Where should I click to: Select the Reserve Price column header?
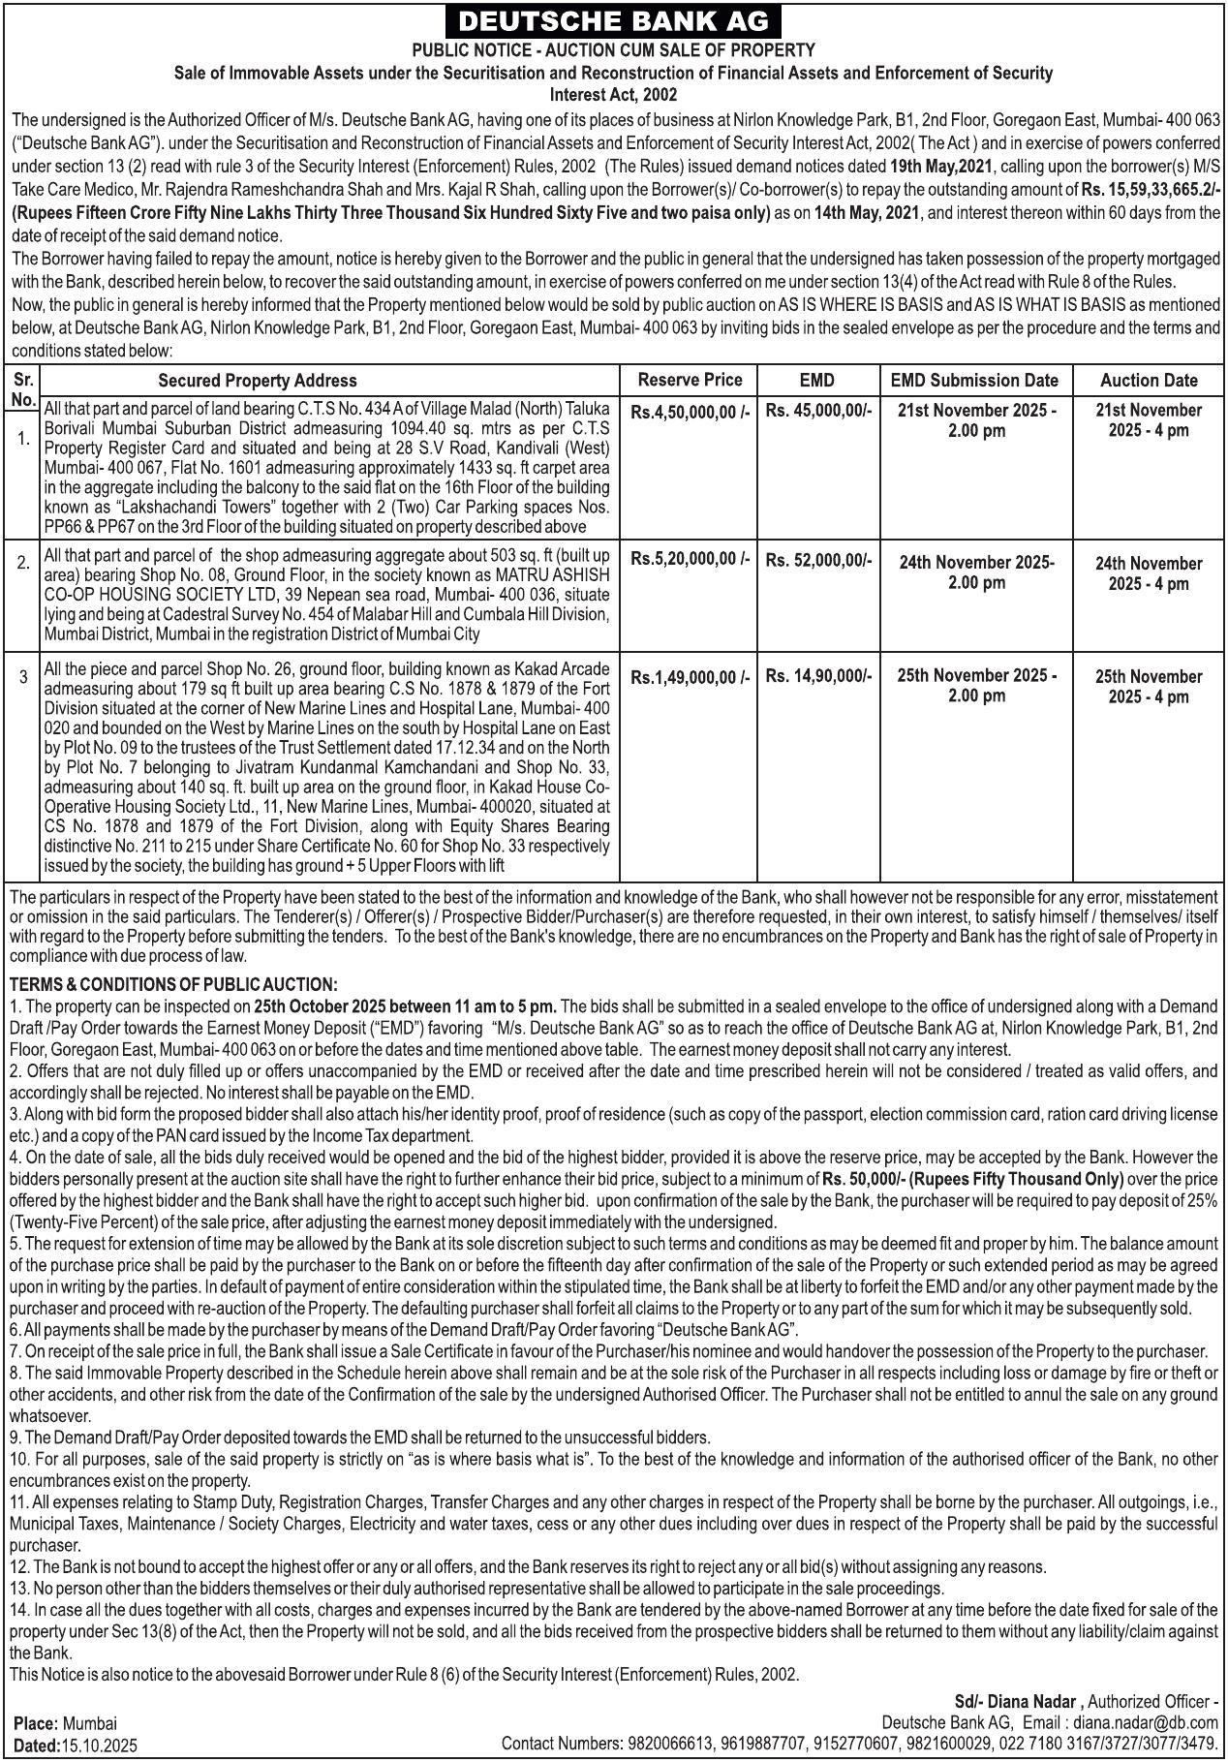[690, 380]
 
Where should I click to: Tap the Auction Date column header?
[1149, 381]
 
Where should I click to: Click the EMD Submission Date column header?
[974, 381]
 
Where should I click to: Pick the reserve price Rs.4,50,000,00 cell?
[690, 412]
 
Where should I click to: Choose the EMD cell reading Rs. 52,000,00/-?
[818, 559]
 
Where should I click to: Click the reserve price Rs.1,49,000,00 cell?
[690, 678]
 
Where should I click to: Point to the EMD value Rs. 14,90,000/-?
[818, 676]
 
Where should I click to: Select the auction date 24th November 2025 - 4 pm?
[1149, 573]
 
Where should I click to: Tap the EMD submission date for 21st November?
[976, 420]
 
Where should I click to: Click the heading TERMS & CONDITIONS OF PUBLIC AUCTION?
[173, 984]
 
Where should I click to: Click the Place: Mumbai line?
[66, 1724]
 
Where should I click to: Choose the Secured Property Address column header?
[257, 381]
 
